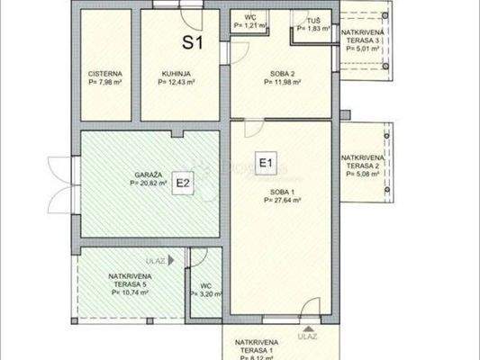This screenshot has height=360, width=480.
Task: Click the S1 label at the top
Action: tap(194, 41)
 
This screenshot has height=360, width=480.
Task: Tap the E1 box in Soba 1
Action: tap(266, 163)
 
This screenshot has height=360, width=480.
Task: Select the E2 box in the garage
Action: tap(183, 184)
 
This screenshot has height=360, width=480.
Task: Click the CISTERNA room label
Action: tap(105, 75)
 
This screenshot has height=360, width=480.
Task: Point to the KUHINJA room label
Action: tap(176, 75)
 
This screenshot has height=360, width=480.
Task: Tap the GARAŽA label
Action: tap(148, 172)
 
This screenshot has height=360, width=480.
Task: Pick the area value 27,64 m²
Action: tap(283, 202)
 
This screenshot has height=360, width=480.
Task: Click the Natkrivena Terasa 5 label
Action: tap(130, 281)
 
